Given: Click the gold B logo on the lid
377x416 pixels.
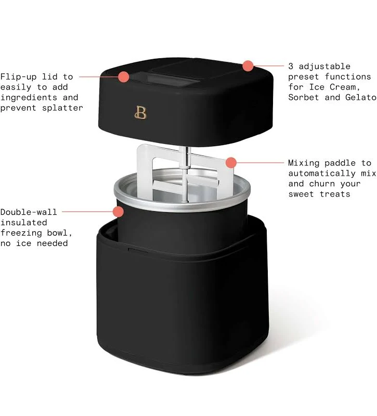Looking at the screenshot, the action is point(140,112).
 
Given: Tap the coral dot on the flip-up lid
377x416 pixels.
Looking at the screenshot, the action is point(123,76).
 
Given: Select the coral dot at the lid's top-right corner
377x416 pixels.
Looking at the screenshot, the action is point(248,66).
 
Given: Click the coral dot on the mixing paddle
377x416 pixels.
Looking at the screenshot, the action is point(231,163).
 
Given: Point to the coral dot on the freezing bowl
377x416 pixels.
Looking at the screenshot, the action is point(118,212).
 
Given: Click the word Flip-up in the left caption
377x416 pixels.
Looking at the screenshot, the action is point(18,77).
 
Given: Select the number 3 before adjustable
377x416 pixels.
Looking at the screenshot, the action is point(291,66).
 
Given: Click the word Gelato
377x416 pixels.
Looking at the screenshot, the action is point(361,97).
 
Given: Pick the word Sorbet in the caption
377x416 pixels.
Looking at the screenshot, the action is point(304,97).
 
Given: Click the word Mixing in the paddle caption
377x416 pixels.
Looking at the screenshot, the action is point(304,163).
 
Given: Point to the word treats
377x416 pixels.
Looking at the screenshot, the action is point(335,194).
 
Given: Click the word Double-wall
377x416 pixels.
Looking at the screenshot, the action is point(29,212).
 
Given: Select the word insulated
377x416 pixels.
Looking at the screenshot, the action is point(23,223).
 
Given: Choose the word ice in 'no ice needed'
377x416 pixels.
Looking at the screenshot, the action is point(23,243).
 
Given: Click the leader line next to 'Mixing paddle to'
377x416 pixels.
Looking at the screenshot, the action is point(261,163).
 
